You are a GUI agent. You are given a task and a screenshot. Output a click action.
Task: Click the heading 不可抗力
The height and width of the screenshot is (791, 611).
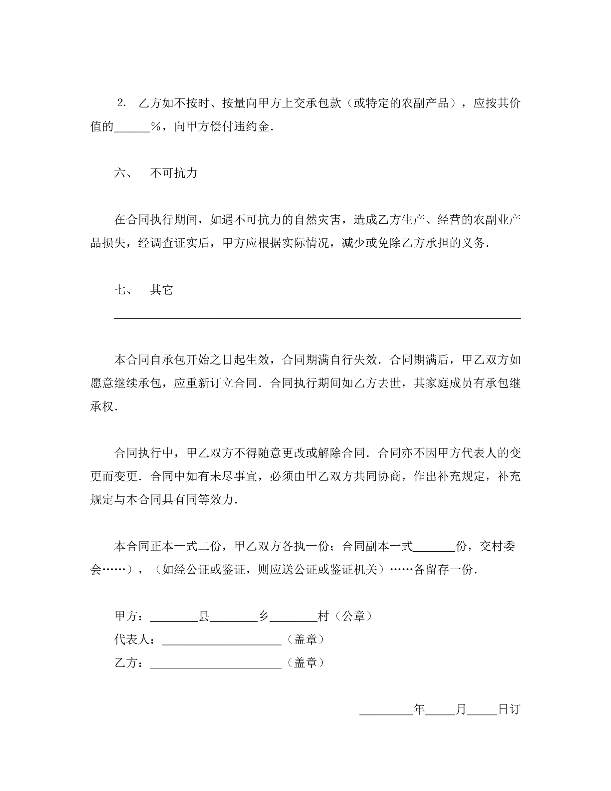pos(174,173)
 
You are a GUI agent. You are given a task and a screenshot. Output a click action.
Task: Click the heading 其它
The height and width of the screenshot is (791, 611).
pos(161,290)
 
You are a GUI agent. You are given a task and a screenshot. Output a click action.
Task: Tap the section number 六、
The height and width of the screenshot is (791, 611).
pos(123,173)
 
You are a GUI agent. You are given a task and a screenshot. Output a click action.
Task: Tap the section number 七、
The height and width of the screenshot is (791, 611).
pos(123,290)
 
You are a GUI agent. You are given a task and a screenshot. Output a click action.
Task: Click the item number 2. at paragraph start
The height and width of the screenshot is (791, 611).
pos(121,103)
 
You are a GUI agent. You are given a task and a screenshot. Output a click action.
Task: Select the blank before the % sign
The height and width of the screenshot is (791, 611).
pos(132,128)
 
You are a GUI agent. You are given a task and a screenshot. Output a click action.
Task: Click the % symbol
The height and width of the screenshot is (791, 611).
pos(156,127)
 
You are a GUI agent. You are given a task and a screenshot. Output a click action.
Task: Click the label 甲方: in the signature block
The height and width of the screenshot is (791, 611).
pos(128,616)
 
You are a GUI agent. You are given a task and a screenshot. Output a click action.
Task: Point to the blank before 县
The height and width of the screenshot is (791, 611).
pos(174,618)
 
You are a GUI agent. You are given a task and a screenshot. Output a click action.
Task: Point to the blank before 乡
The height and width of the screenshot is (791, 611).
pos(234,618)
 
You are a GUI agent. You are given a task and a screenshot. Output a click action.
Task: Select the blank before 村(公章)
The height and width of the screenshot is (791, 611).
pos(294,618)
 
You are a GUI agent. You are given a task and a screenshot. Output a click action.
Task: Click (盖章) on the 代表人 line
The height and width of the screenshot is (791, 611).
pos(305,640)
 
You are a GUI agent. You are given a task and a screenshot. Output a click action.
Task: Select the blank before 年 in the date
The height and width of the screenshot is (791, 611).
pos(386,712)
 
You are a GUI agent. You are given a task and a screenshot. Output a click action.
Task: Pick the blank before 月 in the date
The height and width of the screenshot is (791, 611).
pos(440,712)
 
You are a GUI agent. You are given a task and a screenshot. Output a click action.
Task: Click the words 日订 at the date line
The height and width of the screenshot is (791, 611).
pos(509,709)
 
